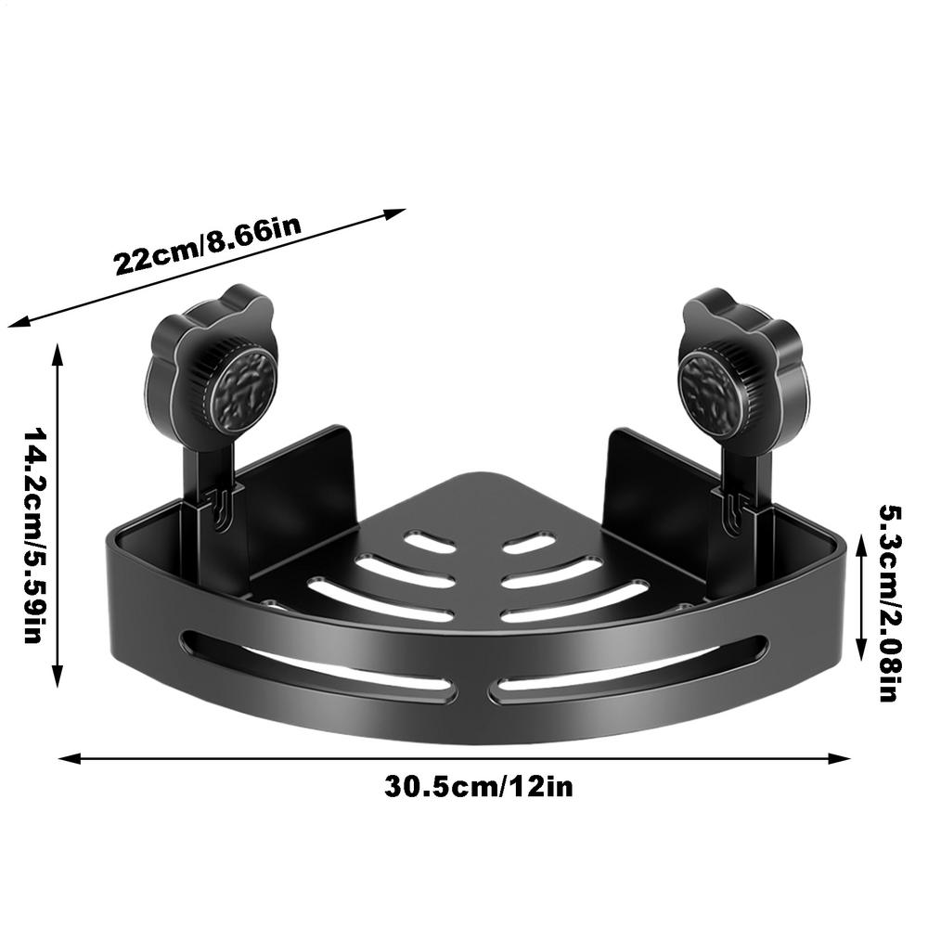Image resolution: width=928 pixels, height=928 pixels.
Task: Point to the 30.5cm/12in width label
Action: [x=479, y=787]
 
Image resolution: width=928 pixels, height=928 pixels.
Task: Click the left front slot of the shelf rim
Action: [x=316, y=666]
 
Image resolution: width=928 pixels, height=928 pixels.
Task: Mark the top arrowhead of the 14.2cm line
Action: [x=58, y=351]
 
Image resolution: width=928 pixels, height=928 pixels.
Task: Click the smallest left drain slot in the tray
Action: [x=430, y=543]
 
